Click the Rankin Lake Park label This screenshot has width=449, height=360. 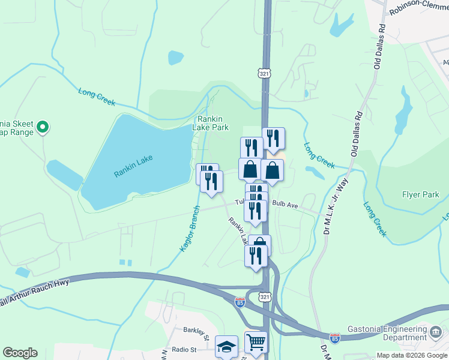tap(210, 123)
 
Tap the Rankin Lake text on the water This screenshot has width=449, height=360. tap(133, 166)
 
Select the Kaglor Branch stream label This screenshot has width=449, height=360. tap(190, 229)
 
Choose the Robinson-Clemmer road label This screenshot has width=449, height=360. tap(418, 7)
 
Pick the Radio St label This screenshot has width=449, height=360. tap(184, 349)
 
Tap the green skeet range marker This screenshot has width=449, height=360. tap(42, 127)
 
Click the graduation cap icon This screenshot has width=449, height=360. tap(226, 347)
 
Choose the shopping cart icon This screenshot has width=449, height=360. tap(256, 342)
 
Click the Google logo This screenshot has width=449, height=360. tap(20, 353)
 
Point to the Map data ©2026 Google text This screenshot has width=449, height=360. tap(411, 355)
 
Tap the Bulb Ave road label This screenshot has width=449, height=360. tap(285, 205)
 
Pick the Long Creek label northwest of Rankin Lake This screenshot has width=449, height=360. tap(96, 97)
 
